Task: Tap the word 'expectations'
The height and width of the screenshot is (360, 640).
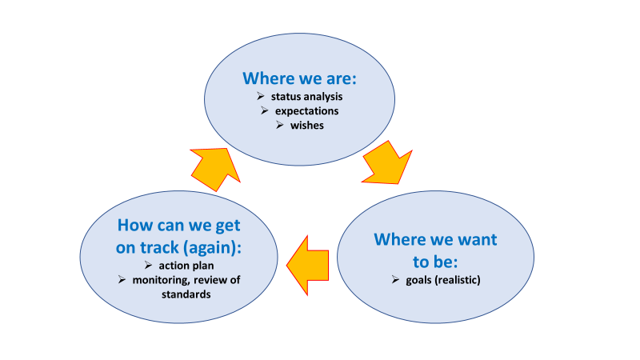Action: (x=306, y=111)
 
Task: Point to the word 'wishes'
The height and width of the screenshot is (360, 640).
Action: (x=308, y=126)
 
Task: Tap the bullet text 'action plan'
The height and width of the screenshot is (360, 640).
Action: (x=185, y=265)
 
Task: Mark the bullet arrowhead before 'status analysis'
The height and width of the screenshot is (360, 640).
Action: (x=254, y=97)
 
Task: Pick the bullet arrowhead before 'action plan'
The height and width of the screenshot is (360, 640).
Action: (x=150, y=265)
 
